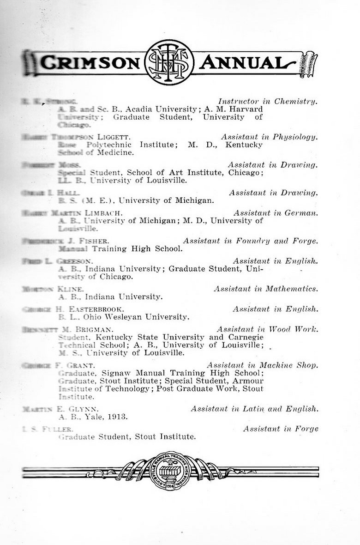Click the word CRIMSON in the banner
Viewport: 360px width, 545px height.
tap(90, 62)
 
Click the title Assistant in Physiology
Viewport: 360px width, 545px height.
tap(269, 137)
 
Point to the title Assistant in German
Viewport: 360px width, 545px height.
tap(276, 213)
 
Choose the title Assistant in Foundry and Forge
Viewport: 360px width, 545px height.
tap(250, 241)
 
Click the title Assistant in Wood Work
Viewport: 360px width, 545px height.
tap(267, 329)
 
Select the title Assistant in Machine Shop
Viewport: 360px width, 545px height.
tap(262, 365)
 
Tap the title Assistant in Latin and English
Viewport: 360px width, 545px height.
tap(254, 409)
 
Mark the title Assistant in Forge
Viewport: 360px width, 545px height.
tap(281, 429)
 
